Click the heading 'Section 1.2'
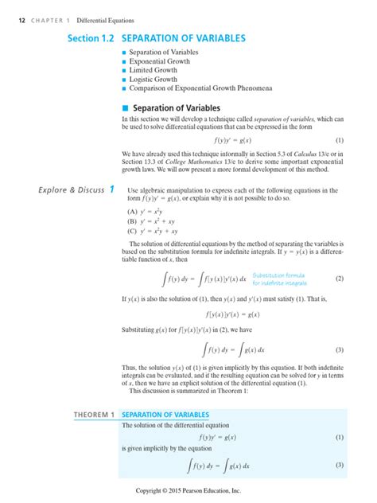pos(91,37)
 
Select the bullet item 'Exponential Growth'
pos(159,60)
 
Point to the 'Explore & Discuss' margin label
pos(67,189)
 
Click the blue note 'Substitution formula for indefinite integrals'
pos(279,279)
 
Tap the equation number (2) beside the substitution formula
pos(339,279)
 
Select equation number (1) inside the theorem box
pos(339,438)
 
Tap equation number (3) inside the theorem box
pos(339,465)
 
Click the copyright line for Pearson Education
pos(188,491)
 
